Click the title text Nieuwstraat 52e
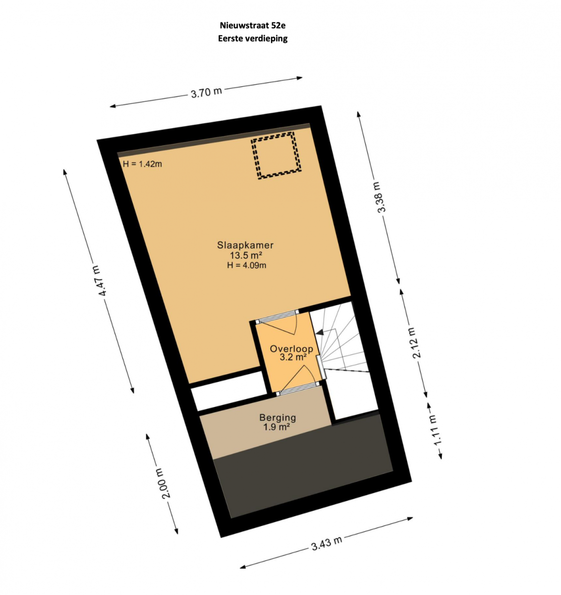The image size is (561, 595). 252,25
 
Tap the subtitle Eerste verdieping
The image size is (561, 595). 252,39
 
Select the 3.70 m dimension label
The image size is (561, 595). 206,92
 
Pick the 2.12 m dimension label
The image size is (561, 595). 414,343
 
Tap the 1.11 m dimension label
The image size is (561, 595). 435,430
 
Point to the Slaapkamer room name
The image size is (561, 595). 245,245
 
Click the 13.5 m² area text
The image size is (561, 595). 246,255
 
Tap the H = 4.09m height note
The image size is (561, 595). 246,265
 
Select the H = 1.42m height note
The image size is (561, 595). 142,164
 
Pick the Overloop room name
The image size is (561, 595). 291,349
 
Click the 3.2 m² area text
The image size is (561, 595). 293,357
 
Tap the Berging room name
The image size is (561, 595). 278,417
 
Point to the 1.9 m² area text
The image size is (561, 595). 277,427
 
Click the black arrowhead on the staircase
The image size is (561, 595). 320,332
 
